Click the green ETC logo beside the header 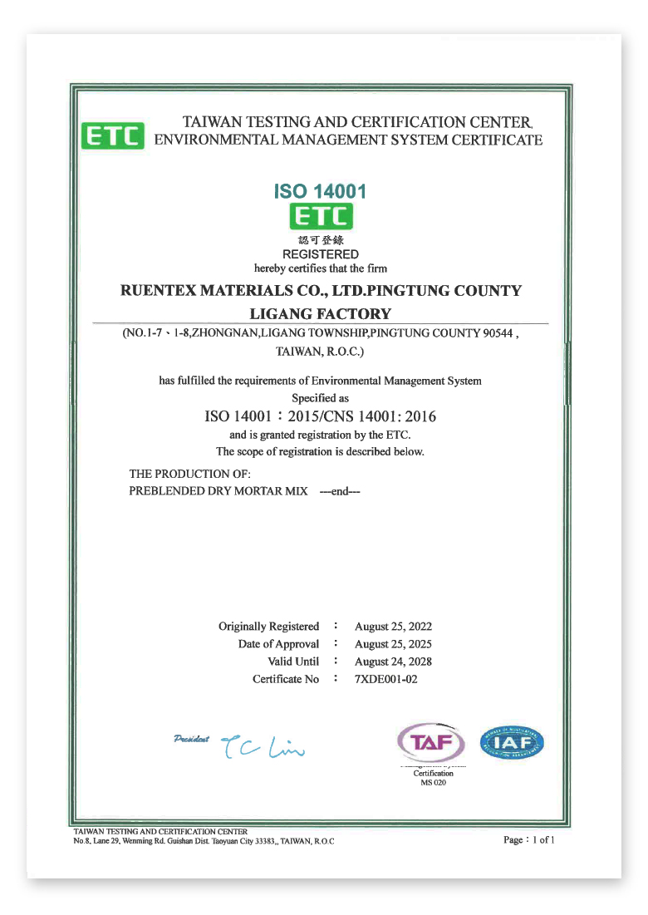click(112, 135)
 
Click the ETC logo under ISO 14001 click(321, 216)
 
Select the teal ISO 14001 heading click(320, 192)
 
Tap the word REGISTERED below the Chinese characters click(321, 254)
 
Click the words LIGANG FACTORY click(320, 313)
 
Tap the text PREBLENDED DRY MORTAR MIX click(218, 491)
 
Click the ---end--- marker click(340, 491)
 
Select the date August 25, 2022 click(393, 627)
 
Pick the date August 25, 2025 click(393, 644)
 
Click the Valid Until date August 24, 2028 click(393, 662)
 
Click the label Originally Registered click(268, 627)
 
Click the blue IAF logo click(513, 742)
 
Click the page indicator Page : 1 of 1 click(528, 839)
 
